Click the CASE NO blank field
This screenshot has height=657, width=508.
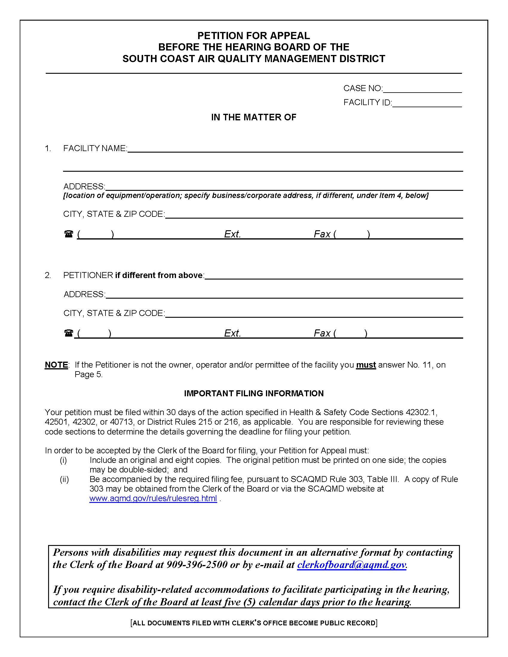point(422,89)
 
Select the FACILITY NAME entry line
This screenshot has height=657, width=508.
point(295,149)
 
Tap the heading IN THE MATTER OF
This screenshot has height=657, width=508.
point(253,117)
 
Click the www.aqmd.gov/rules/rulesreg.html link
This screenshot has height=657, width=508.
point(153,498)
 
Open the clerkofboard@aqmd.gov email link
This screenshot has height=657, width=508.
point(351,565)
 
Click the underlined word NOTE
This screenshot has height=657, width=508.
point(56,365)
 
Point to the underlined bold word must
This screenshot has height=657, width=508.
point(366,365)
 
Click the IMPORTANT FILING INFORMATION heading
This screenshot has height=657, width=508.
point(254,393)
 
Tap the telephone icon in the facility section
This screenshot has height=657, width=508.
point(69,234)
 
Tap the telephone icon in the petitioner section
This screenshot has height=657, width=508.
point(69,333)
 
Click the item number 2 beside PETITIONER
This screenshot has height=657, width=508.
point(48,275)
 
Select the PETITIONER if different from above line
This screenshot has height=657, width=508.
point(333,276)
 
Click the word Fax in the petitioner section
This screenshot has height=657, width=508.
point(322,333)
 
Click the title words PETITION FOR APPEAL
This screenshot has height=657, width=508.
point(253,36)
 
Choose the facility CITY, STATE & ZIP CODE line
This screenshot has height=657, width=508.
point(313,214)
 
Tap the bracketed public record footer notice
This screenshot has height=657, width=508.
point(254,623)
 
